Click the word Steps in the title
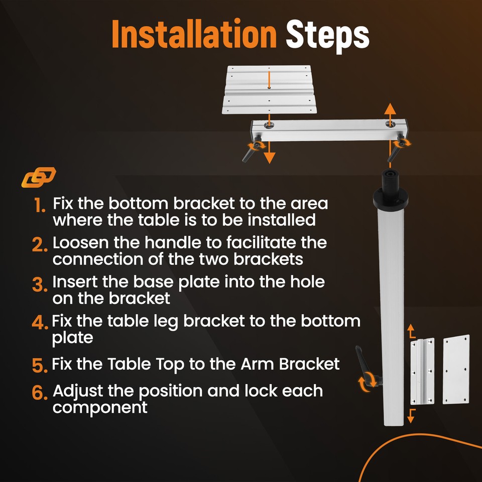(x=327, y=36)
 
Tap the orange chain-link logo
(x=39, y=177)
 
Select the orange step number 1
(x=40, y=205)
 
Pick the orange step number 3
(x=40, y=284)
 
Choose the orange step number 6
(x=40, y=393)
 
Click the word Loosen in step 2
(x=81, y=243)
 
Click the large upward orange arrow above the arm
(x=390, y=114)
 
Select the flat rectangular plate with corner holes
(x=456, y=370)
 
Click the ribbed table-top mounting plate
(x=269, y=89)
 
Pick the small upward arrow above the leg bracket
(x=411, y=331)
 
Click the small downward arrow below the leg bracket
(x=411, y=416)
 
